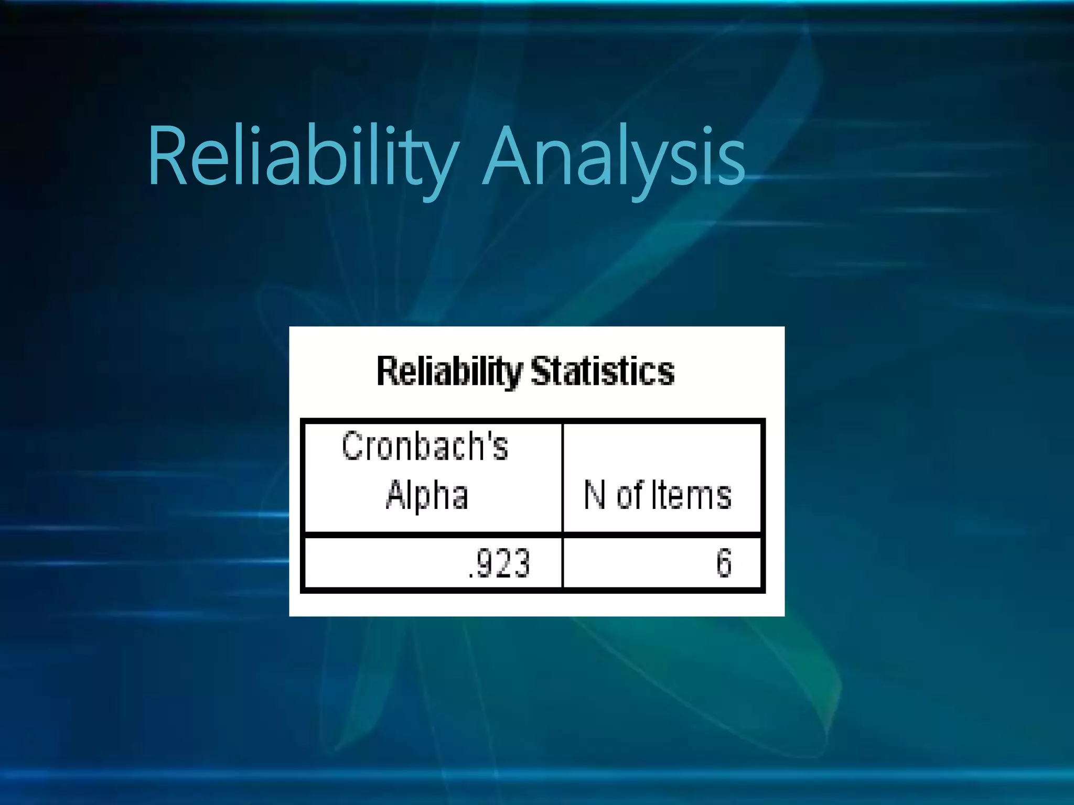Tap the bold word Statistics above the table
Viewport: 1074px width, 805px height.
(603, 371)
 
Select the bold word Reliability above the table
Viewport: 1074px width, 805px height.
(449, 371)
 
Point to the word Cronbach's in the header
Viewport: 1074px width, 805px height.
(425, 446)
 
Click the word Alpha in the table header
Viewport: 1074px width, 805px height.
(427, 495)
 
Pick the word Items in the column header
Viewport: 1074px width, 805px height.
(691, 495)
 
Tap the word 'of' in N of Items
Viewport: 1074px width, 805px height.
(630, 495)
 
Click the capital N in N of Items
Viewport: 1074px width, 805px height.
(595, 495)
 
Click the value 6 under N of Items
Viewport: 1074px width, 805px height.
(724, 563)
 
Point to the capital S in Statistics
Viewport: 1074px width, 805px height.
(541, 371)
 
